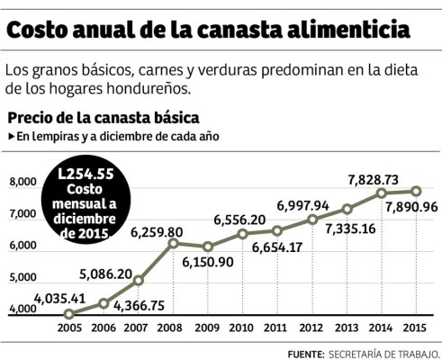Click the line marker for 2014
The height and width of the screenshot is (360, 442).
382,193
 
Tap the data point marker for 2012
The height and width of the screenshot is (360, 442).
312,220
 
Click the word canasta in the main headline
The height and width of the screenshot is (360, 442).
236,32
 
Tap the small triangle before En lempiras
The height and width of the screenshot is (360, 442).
12,137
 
